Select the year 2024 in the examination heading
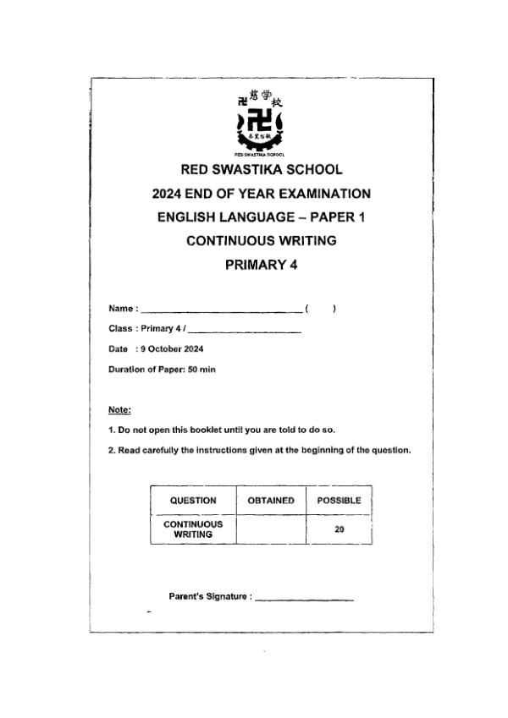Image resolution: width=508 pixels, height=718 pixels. [169, 193]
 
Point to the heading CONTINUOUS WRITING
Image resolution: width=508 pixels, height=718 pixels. [261, 240]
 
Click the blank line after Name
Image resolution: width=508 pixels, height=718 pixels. [220, 310]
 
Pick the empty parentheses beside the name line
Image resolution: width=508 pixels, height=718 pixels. [320, 309]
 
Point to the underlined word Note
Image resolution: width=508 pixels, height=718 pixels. [119, 410]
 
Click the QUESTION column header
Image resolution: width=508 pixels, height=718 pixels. [192, 501]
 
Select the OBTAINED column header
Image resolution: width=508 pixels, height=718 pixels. [270, 501]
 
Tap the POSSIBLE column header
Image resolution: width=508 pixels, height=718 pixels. [339, 501]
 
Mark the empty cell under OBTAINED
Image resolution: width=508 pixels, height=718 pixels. [270, 529]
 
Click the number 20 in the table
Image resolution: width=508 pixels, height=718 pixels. [339, 530]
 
